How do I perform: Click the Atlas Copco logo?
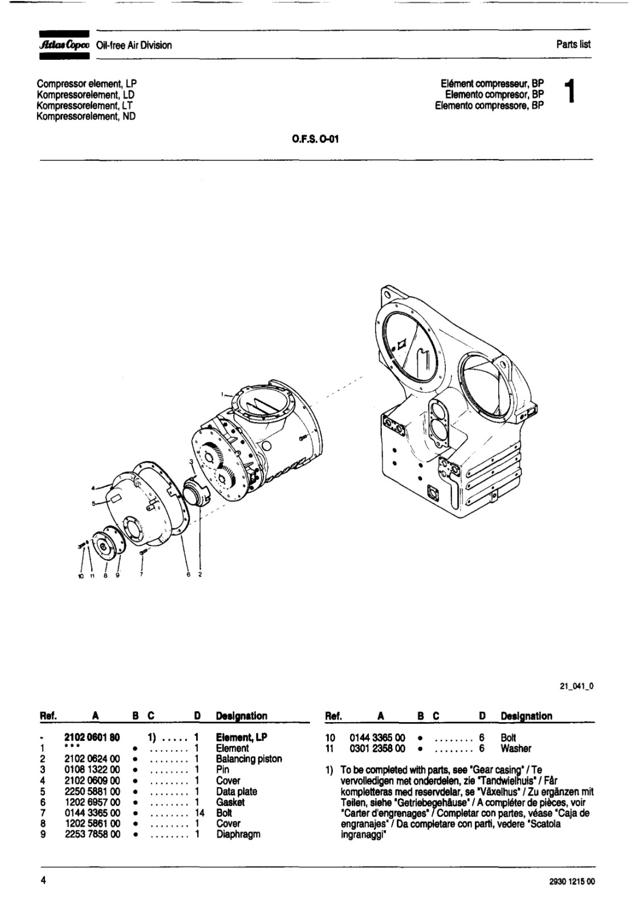coord(64,45)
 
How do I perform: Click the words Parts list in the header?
coord(573,44)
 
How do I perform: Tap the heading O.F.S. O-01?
coord(315,139)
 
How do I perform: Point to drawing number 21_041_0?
coord(577,686)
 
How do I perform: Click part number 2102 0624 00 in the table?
coord(92,759)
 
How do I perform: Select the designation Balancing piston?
coord(249,759)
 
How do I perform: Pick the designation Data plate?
coord(237,792)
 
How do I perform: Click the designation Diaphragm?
coord(238,834)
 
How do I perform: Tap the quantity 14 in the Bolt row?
coord(200,813)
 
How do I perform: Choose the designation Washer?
coord(516,748)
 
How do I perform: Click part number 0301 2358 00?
coord(377,748)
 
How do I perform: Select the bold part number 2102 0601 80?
coord(92,738)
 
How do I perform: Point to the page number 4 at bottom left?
coord(43,880)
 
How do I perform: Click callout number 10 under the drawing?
coord(80,576)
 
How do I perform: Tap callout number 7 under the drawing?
coord(141,575)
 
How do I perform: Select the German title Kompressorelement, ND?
coord(86,116)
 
